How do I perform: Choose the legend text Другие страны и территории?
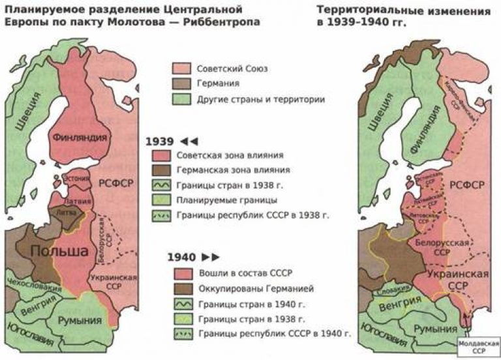250,100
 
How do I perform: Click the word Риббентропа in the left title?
222,22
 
